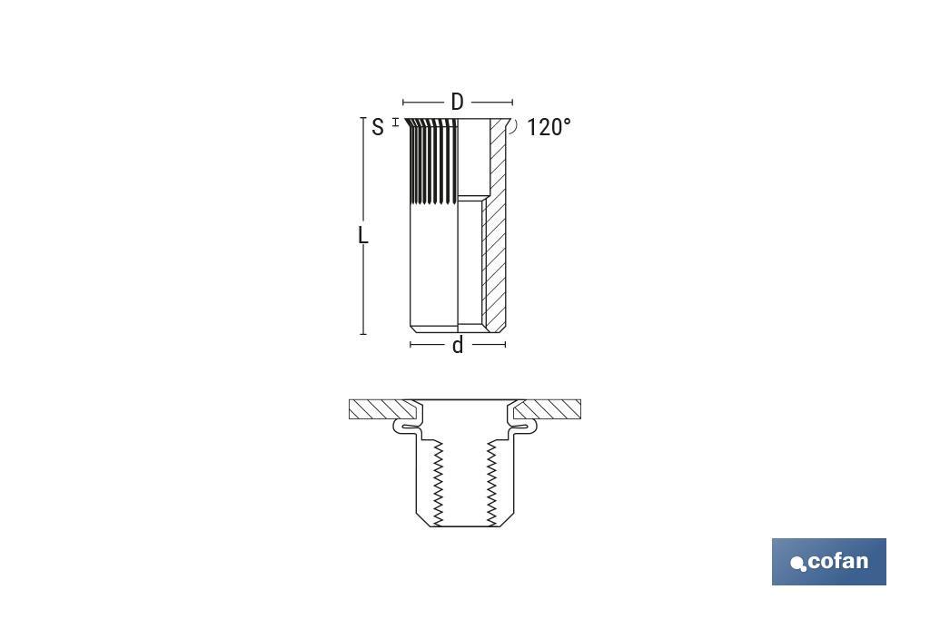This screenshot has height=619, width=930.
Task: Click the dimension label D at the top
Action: (x=457, y=103)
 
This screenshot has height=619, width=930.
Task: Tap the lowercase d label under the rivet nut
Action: (x=458, y=345)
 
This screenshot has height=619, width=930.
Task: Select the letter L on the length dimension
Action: (x=363, y=236)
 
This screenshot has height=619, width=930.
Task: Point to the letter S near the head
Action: (x=378, y=127)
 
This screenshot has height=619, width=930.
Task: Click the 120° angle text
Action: (x=549, y=127)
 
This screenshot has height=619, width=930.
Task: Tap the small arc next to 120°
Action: (x=515, y=127)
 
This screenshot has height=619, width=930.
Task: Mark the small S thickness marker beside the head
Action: (x=395, y=122)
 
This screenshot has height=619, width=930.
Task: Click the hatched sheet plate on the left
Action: (x=377, y=409)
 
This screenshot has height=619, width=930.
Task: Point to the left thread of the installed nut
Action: (x=437, y=481)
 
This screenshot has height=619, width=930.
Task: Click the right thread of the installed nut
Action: (x=492, y=481)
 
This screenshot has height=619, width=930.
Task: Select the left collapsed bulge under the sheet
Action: (x=403, y=425)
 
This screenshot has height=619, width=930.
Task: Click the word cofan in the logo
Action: (x=837, y=561)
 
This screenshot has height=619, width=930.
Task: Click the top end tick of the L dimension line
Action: (x=363, y=118)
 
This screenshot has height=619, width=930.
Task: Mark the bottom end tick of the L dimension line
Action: (x=363, y=334)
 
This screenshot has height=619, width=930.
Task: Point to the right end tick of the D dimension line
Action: (x=512, y=103)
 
